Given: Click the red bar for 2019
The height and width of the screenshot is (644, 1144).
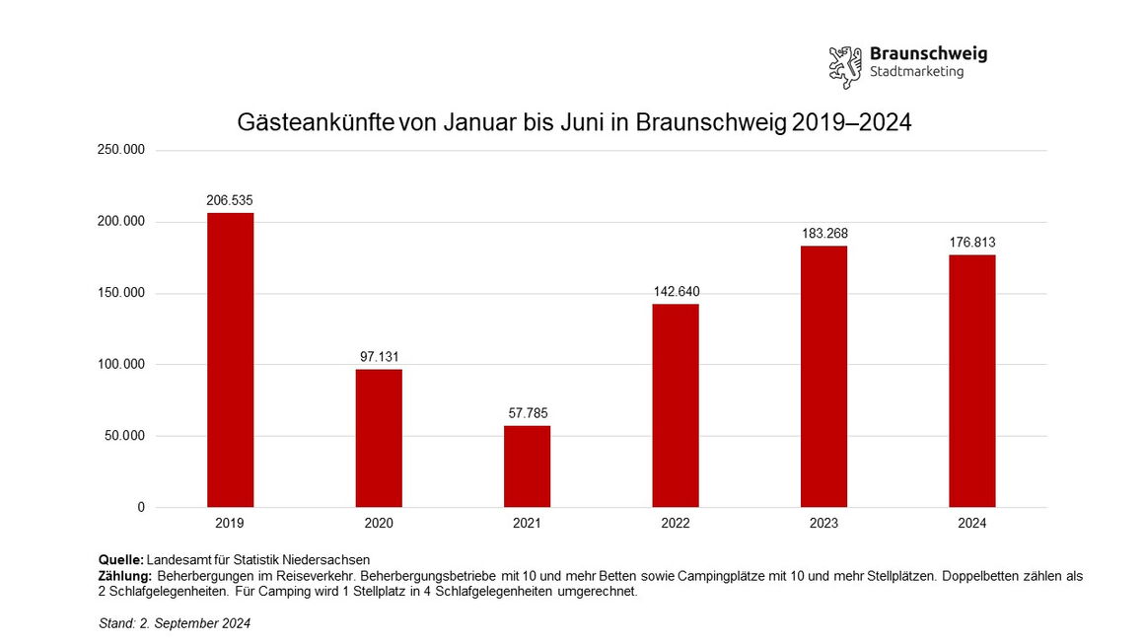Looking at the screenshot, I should pos(230,360).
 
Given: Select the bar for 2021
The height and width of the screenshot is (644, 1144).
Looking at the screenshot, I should pos(527,466).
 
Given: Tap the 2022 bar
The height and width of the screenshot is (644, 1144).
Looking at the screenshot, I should pos(676,405).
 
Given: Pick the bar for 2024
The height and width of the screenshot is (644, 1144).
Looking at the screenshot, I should pos(972,381).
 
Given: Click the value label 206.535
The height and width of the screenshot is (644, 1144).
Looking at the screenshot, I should pos(230,200).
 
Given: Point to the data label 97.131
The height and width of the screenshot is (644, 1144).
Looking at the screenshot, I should pos(379,356).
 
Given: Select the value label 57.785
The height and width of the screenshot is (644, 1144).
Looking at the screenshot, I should pos(527,412).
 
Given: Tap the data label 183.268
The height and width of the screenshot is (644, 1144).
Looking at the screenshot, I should pos(823,234).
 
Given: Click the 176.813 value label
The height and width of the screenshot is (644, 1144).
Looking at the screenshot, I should pos(972,242).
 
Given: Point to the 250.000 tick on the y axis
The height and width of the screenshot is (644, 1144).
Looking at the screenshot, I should pos(121,150).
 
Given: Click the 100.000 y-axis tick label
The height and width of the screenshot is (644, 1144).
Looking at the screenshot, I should pos(121,365).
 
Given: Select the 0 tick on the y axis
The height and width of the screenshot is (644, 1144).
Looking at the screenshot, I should pos(141,507).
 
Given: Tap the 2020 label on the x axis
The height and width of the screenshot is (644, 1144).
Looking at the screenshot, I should pos(379,524).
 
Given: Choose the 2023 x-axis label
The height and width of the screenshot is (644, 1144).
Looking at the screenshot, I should pos(823,524).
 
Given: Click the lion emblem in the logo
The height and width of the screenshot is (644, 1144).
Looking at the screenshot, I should pos(845,65).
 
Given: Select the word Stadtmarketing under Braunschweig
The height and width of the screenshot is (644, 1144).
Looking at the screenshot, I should pos(916,72).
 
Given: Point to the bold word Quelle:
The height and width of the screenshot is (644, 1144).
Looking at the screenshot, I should pos(121,560).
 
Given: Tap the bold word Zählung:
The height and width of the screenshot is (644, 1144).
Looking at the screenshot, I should pos(124,576).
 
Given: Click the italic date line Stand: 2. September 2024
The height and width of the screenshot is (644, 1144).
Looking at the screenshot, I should pos(175,623).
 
